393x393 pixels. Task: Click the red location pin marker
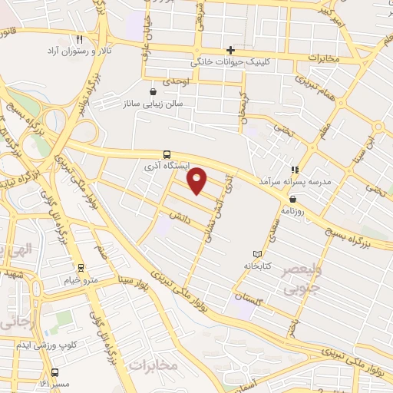point(198,181)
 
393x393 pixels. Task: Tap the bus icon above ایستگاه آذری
point(168,154)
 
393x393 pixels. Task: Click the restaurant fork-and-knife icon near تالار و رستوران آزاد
point(80,38)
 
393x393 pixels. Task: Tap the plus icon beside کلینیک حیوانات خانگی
point(230,50)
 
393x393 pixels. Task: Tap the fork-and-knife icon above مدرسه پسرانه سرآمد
point(294,170)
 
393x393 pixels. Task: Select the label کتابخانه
point(258,266)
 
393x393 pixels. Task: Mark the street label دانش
point(182,219)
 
